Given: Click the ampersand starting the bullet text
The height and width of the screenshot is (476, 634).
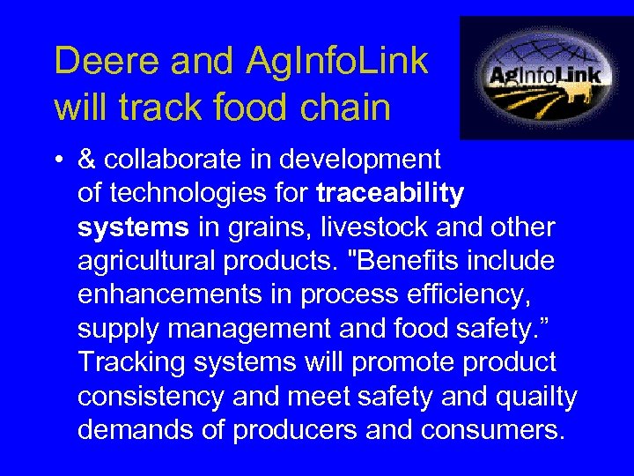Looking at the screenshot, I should tap(87, 159).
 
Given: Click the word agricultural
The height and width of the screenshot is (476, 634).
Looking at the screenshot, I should tap(155, 262).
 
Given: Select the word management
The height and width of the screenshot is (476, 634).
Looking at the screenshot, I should tap(251, 330).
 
